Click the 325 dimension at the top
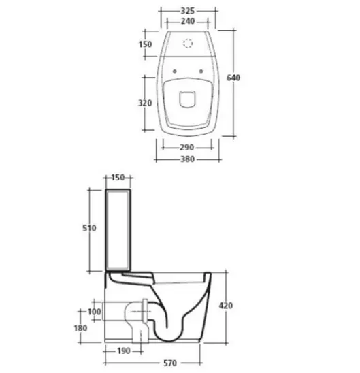188,11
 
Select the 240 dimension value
188,21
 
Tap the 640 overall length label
233,78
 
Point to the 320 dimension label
145,103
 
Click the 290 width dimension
186,148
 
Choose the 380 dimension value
188,159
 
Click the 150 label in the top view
145,44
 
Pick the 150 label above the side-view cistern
118,178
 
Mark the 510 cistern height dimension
89,228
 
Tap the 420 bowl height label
226,306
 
